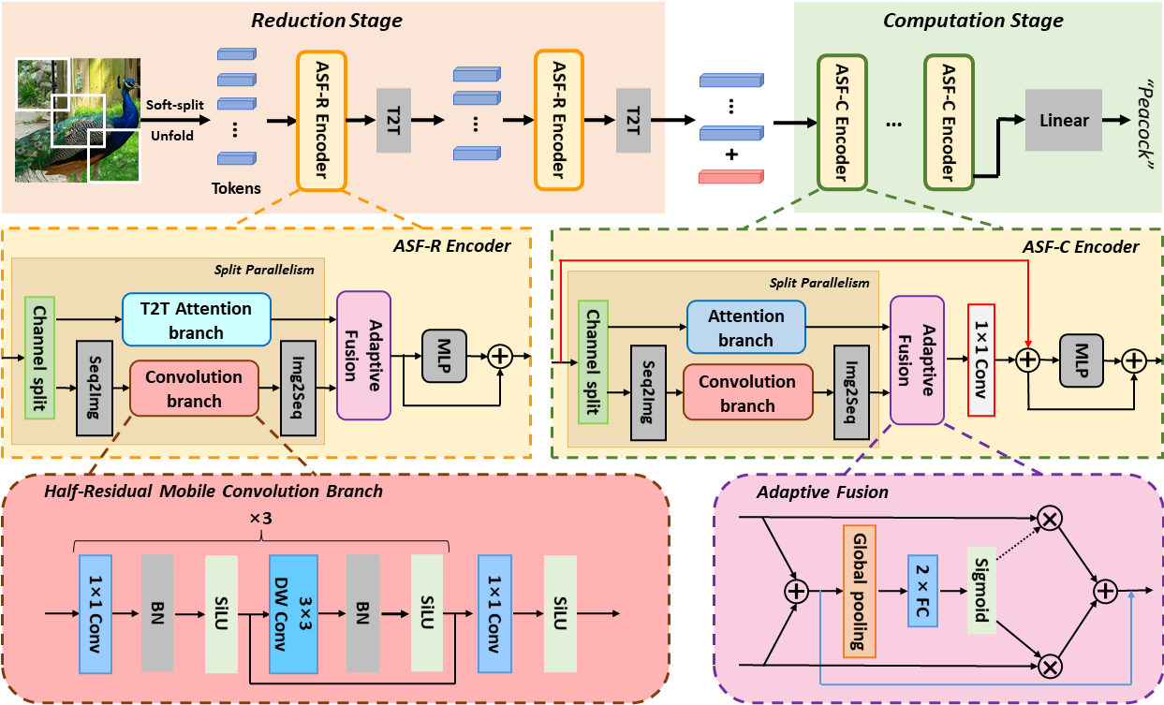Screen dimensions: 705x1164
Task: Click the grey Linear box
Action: [1064, 121]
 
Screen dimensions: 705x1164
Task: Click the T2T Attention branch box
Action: [196, 320]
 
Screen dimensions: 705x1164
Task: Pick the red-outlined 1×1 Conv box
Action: [980, 360]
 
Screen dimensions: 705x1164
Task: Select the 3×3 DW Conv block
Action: [294, 613]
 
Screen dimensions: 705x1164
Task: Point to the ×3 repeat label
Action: [261, 518]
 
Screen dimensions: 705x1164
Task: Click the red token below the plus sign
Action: [731, 176]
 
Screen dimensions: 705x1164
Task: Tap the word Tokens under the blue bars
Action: [237, 188]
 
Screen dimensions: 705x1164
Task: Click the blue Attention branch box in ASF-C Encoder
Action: [745, 328]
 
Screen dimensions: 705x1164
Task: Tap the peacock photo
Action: [78, 120]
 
